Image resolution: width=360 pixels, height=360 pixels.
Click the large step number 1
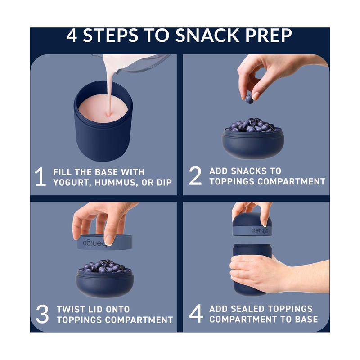pyautogui.click(x=40, y=177)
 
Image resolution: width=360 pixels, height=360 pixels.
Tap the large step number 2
pyautogui.click(x=195, y=176)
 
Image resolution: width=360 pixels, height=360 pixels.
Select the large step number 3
pyautogui.click(x=42, y=315)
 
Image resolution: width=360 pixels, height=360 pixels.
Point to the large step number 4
pyautogui.click(x=196, y=314)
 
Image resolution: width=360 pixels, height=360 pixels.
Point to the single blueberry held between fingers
pyautogui.click(x=249, y=99)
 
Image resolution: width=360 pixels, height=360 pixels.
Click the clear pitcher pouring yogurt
pyautogui.click(x=144, y=63)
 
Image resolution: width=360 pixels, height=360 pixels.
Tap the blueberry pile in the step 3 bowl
pyautogui.click(x=104, y=266)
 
